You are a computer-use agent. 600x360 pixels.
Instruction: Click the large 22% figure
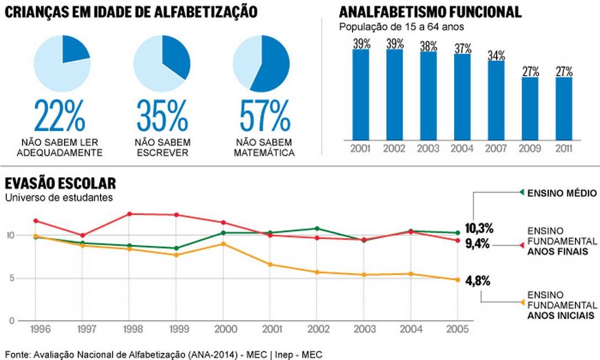click(60, 116)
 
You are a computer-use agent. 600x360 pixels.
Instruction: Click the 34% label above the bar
click(496, 55)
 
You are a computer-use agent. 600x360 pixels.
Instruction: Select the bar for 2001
click(361, 94)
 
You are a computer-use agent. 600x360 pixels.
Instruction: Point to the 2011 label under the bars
click(564, 149)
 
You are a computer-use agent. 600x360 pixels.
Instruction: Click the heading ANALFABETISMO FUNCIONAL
click(430, 12)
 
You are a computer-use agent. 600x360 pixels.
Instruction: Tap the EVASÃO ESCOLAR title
click(60, 183)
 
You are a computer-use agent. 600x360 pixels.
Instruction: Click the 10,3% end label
click(478, 229)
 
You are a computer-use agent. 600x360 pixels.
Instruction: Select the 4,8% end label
click(478, 280)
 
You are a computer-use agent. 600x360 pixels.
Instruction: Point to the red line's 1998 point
click(129, 214)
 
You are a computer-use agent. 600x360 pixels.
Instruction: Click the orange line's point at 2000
click(223, 243)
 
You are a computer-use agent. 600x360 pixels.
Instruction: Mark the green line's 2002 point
click(317, 228)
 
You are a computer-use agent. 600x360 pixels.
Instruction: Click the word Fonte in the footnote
click(18, 354)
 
